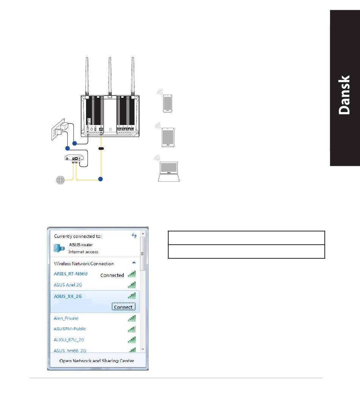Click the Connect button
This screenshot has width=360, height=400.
click(x=124, y=307)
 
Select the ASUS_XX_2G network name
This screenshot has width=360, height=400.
click(x=67, y=296)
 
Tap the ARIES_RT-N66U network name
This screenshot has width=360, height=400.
click(x=70, y=274)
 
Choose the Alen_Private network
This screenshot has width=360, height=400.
click(x=66, y=318)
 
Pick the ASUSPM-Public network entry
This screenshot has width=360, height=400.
click(x=70, y=329)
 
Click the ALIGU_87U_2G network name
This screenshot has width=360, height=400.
click(x=69, y=339)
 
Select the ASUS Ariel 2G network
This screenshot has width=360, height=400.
click(x=67, y=285)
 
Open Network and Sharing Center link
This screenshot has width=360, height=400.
click(x=97, y=361)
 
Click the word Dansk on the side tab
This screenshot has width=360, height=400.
click(x=344, y=95)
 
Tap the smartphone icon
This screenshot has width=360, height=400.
click(x=167, y=103)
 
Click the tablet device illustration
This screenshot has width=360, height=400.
click(x=168, y=137)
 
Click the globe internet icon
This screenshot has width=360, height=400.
click(x=61, y=180)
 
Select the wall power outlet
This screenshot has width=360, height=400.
click(x=58, y=129)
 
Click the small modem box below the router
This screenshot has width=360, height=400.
click(x=74, y=158)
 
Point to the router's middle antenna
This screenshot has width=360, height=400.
click(x=110, y=77)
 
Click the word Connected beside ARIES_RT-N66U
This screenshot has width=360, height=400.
click(x=112, y=275)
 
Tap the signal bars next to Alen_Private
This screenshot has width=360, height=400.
click(x=131, y=318)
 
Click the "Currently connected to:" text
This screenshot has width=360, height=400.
click(x=78, y=236)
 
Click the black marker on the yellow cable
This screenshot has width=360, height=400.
click(x=101, y=148)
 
